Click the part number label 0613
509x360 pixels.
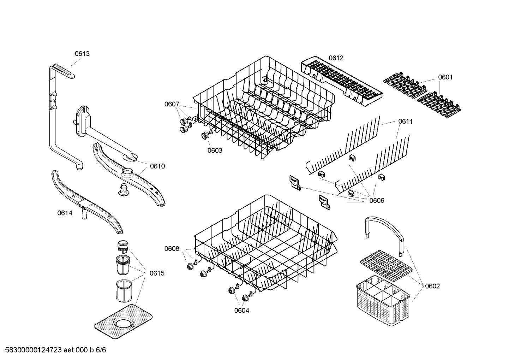click(82, 54)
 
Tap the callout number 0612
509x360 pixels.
click(336, 58)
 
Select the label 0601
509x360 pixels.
click(445, 77)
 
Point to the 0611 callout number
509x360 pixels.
click(405, 122)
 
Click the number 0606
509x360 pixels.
click(377, 201)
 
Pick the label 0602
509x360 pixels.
click(432, 286)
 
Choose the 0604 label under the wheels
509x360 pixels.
click(241, 311)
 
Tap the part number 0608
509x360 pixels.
click(172, 249)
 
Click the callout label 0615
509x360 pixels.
click(157, 273)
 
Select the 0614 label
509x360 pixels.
click(65, 213)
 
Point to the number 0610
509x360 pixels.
click(157, 166)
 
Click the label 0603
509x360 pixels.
click(215, 151)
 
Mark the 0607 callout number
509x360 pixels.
click(172, 104)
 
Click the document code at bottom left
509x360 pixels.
click(54, 350)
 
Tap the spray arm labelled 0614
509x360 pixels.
click(87, 202)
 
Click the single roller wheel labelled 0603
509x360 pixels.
click(205, 136)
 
